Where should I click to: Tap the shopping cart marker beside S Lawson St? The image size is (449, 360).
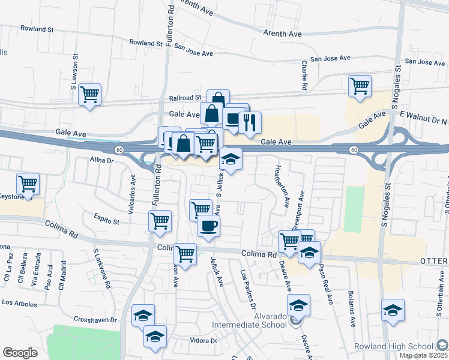(90, 94)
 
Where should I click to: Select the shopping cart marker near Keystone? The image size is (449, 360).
(28, 184)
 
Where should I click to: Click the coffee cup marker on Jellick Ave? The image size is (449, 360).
(208, 226)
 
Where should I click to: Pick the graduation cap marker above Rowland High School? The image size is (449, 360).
(393, 310)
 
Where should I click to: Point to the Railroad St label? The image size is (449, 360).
(185, 97)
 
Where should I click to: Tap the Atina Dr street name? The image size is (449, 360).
(101, 160)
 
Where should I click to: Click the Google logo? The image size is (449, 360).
(20, 353)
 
